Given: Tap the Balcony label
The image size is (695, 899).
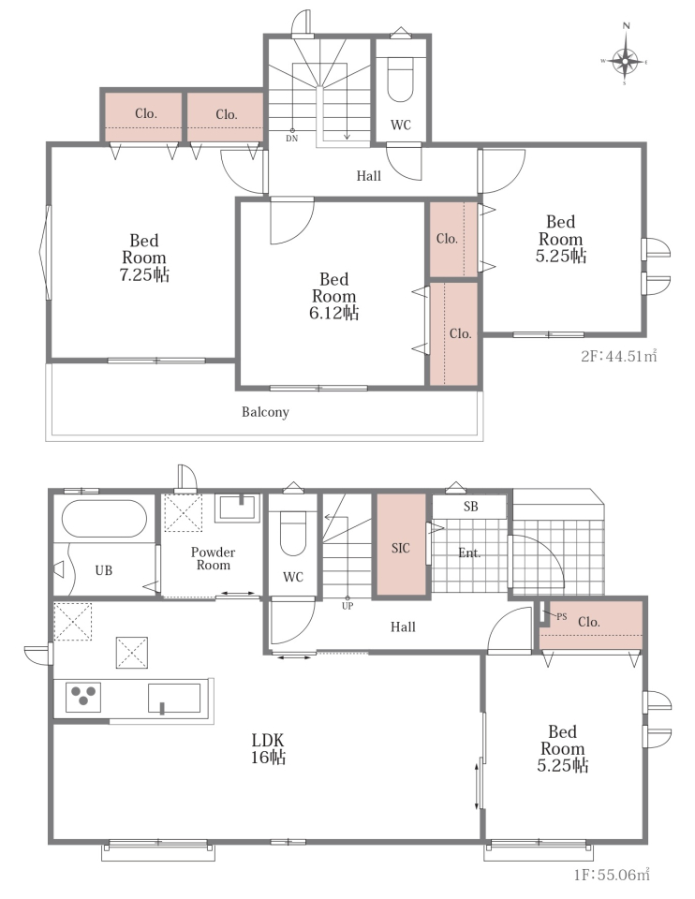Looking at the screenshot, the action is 265,412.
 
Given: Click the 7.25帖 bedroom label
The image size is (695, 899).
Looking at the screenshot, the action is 144,258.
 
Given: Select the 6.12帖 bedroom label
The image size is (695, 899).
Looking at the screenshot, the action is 333,296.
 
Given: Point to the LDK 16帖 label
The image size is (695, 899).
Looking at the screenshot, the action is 268,748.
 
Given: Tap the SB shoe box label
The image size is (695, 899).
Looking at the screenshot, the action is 471,507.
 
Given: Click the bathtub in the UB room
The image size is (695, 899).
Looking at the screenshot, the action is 104,518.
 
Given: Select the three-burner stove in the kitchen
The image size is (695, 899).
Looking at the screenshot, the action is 83,697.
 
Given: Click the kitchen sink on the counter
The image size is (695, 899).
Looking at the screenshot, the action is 174,698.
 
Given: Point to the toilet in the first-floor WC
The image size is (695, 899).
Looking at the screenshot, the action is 292,533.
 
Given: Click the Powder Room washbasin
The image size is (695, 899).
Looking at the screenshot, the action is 237,508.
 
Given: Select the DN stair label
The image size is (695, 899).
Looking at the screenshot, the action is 292,139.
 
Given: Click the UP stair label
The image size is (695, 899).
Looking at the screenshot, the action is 347,606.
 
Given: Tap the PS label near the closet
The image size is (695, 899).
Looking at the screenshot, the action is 561,617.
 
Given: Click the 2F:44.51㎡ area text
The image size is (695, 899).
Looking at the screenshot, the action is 619,356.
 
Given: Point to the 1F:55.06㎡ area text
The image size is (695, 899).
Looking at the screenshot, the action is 612,875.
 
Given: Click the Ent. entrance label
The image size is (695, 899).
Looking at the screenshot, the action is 469,553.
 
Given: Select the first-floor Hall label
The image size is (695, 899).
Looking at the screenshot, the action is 403,627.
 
